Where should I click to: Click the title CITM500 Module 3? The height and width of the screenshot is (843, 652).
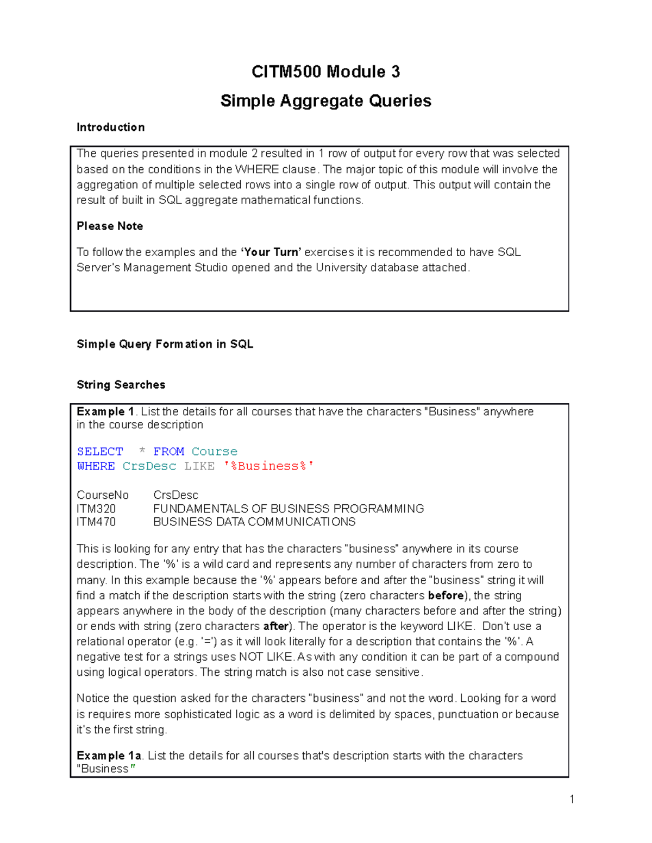click(325, 72)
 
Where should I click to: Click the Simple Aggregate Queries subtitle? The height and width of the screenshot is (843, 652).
click(325, 101)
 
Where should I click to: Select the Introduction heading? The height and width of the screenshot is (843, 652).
click(110, 128)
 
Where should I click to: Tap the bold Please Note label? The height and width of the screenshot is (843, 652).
click(110, 226)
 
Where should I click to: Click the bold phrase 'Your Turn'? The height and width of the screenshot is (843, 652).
click(271, 252)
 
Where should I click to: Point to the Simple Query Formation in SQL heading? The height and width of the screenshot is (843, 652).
click(165, 344)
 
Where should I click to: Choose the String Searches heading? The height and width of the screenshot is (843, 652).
click(121, 385)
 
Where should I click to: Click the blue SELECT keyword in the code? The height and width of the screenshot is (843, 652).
click(100, 452)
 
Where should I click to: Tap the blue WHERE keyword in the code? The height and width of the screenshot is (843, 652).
click(96, 466)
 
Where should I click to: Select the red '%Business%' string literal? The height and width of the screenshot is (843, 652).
click(268, 466)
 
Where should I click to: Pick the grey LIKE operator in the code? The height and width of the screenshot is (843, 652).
click(199, 466)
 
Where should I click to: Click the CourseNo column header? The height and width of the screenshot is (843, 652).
click(103, 495)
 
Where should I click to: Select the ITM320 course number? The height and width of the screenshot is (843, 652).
click(96, 509)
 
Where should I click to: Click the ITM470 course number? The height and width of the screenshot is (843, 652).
click(96, 522)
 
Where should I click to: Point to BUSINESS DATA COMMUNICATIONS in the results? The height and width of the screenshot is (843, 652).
click(254, 522)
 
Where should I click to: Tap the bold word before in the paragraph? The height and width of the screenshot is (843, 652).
click(446, 595)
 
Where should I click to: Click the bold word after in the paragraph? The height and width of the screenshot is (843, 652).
click(275, 626)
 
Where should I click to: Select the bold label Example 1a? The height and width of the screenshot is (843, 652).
click(109, 756)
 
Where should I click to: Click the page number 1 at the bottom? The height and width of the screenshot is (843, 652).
click(572, 799)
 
